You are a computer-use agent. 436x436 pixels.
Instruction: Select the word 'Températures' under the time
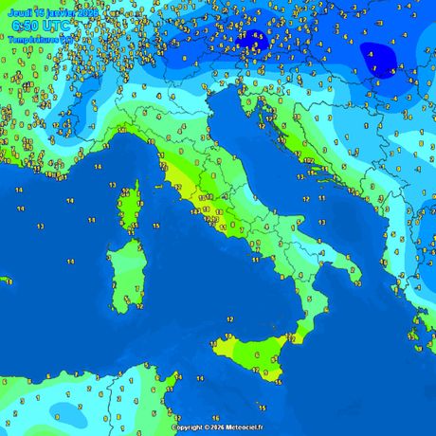point(33,40)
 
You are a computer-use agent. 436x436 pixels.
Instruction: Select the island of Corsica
point(125,209)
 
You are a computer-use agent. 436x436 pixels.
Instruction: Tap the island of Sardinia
point(124,275)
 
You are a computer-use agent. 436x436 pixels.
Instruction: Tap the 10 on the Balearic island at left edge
point(9,282)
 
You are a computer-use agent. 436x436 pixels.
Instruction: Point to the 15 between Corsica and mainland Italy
point(155,227)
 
